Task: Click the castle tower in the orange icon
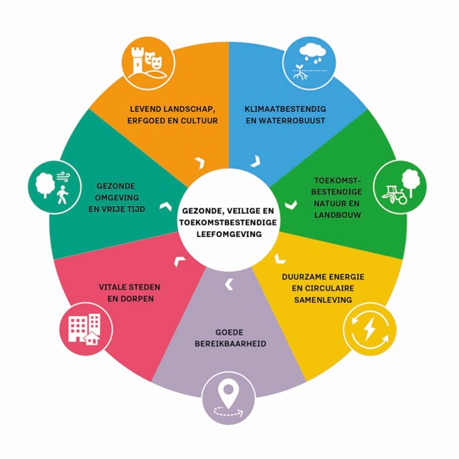tap(137, 61)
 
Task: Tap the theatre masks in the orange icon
tap(154, 59)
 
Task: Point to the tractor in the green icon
tap(394, 194)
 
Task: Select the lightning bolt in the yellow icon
tap(369, 329)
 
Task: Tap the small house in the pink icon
tap(92, 338)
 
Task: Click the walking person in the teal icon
tap(62, 194)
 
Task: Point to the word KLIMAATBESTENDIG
tap(285, 109)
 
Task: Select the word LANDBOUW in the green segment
tap(337, 215)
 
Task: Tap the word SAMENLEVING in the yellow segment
tap(323, 300)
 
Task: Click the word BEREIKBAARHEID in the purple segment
tap(231, 344)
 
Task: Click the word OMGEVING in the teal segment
tap(117, 198)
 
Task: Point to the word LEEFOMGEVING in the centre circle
tap(229, 234)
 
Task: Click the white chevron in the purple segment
tap(229, 285)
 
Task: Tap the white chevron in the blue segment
tap(256, 161)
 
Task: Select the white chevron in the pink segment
tap(179, 260)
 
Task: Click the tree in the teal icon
tap(45, 184)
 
